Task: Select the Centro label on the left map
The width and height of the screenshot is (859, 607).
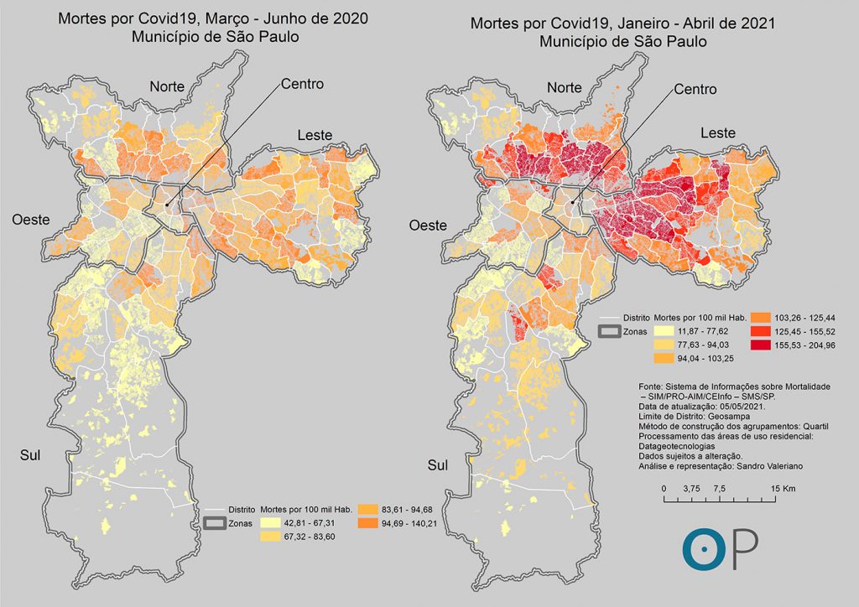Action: click(302, 84)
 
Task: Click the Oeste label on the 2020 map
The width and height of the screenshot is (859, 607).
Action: click(31, 219)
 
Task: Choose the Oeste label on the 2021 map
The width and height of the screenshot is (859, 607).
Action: click(427, 226)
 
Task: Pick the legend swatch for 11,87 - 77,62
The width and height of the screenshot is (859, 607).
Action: click(663, 332)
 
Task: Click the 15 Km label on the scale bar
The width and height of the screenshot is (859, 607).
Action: click(783, 488)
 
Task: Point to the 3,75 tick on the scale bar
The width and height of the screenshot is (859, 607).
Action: click(692, 488)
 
